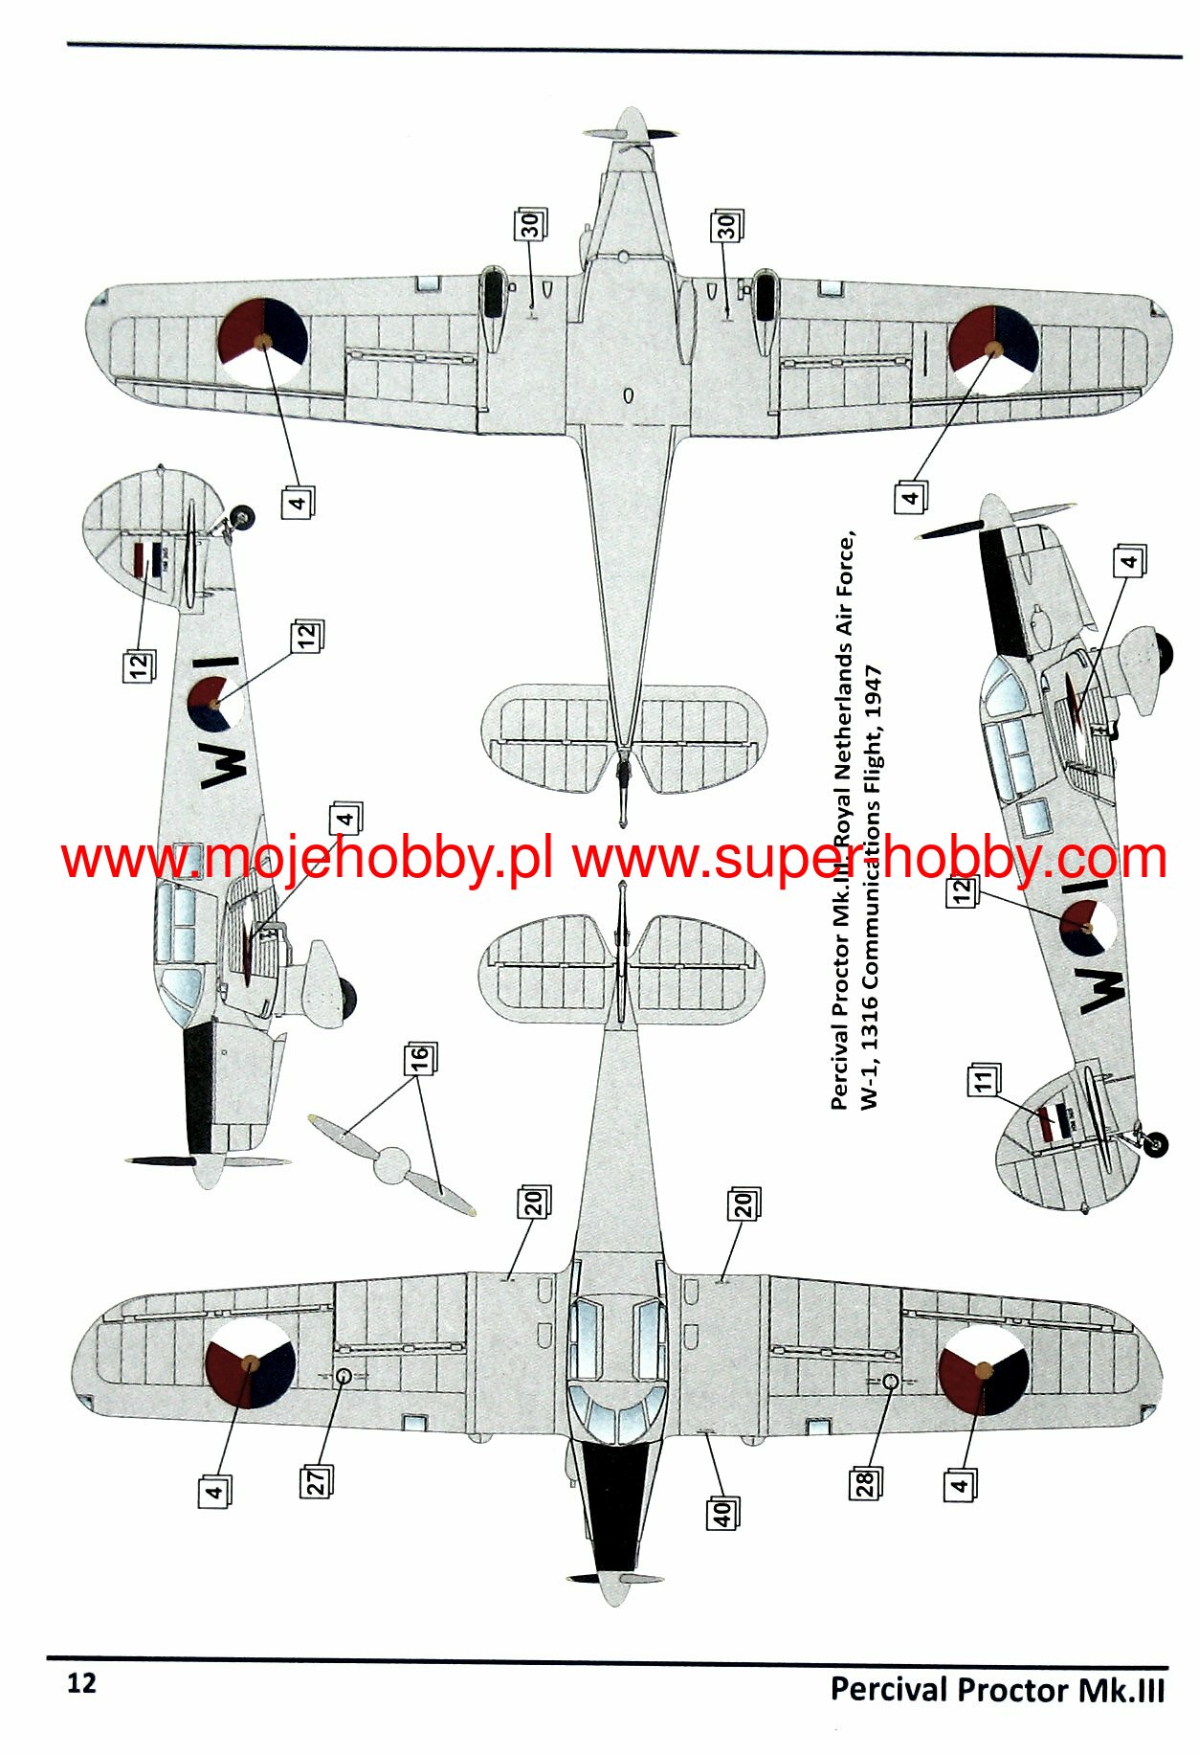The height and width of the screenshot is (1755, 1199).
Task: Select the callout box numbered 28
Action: [x=864, y=1483]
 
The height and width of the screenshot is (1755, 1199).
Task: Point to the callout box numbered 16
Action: [x=419, y=1058]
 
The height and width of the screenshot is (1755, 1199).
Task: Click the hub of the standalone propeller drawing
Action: [x=391, y=1166]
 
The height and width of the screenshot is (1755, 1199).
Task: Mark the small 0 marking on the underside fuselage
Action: [x=628, y=395]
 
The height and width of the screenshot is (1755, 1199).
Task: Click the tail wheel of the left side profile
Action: [x=244, y=518]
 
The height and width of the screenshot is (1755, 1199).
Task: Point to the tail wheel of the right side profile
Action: [x=1156, y=1142]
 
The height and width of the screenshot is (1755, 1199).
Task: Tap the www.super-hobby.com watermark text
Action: [x=869, y=859]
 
